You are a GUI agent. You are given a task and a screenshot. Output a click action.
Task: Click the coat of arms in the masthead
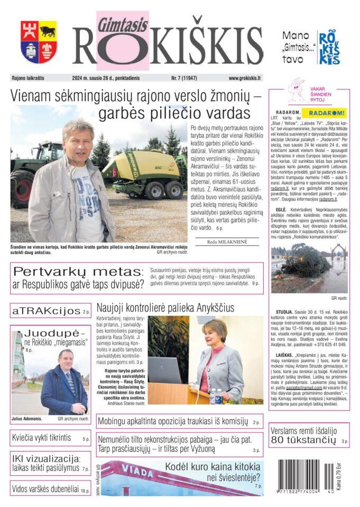39,42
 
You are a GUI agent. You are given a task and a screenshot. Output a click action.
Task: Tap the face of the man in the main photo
79,140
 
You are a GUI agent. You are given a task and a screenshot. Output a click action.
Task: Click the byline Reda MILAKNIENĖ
227,241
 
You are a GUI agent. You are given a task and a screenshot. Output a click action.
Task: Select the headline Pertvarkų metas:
78,272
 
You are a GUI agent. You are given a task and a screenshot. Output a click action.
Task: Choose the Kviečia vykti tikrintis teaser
41,438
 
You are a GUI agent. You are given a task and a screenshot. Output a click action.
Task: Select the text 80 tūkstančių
303,440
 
